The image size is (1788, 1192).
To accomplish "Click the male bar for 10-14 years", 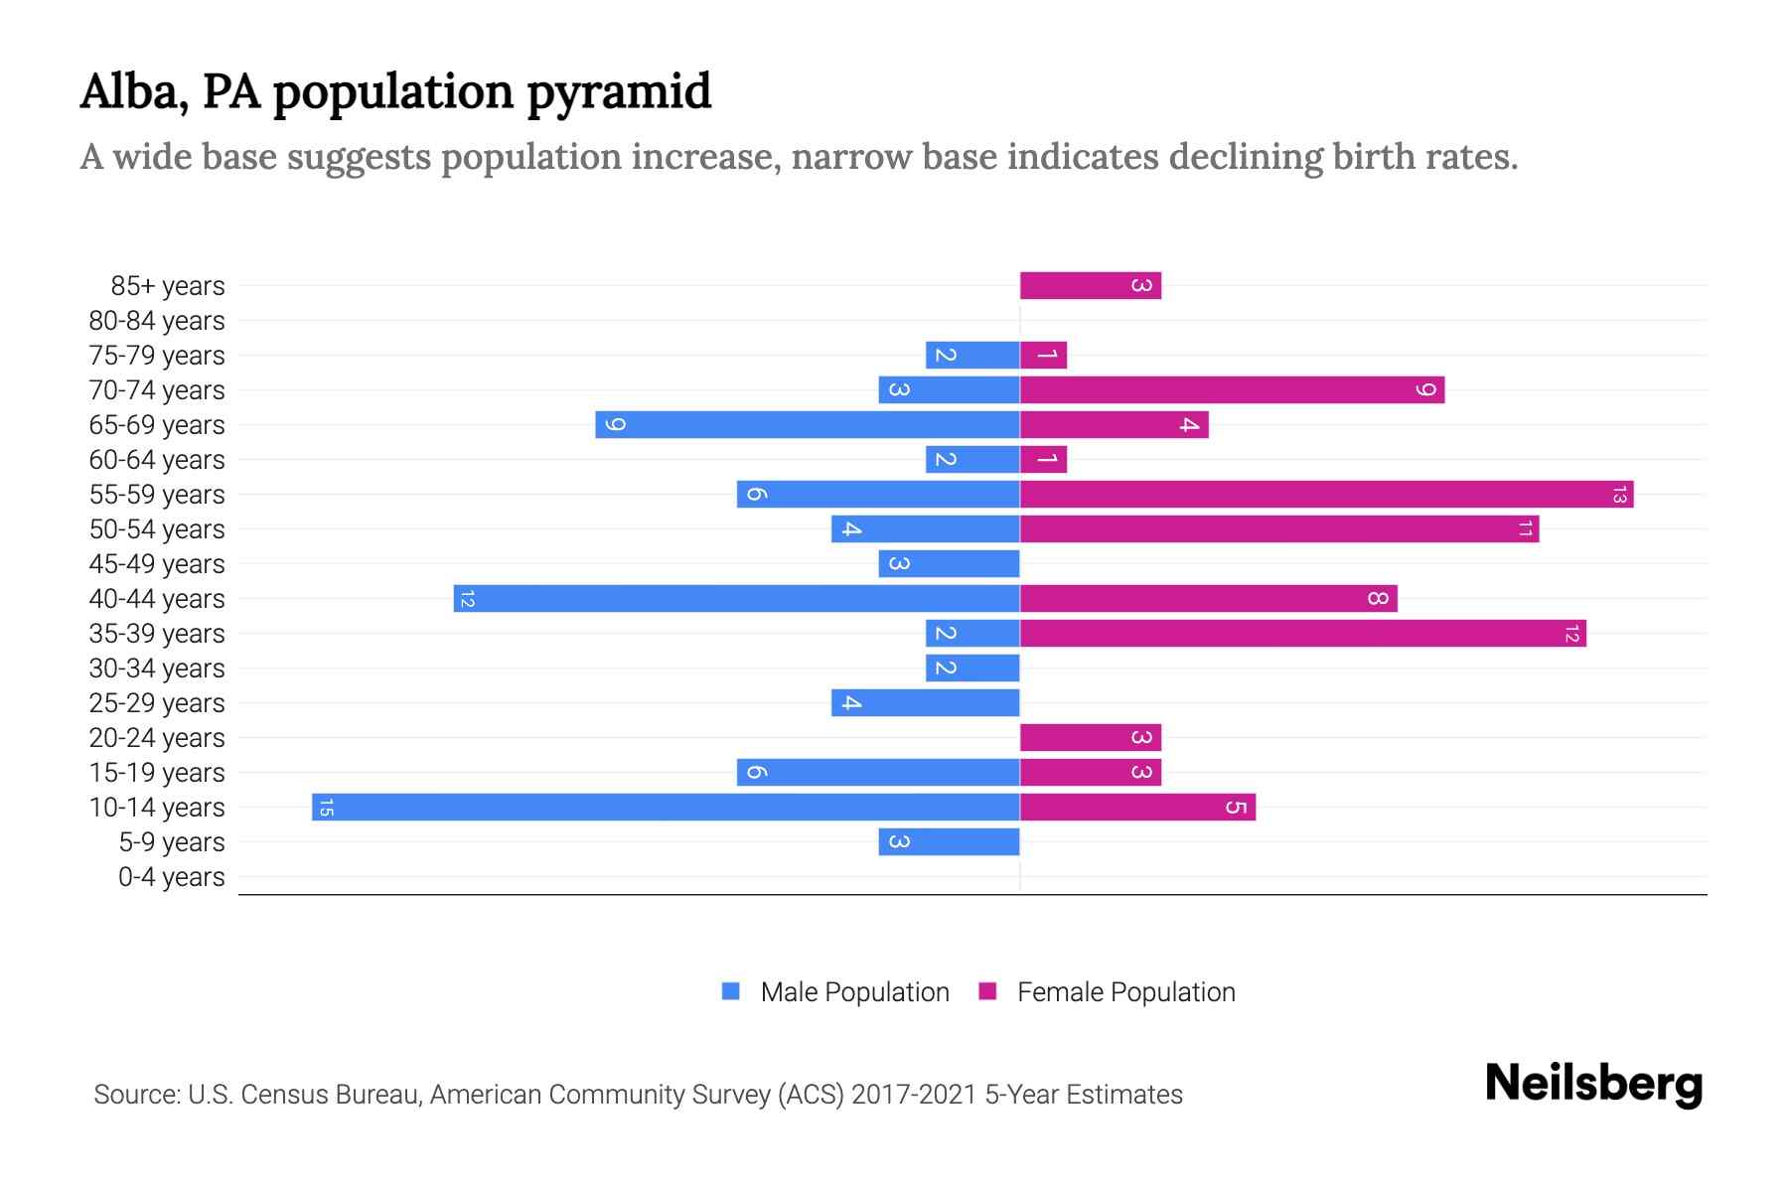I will [x=666, y=807].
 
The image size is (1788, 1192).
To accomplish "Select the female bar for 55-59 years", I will [x=1326, y=494].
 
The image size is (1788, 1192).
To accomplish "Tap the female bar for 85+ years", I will [x=1090, y=285].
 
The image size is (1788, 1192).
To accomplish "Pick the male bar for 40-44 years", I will [x=736, y=598].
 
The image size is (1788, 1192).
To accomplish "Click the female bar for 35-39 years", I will [x=1302, y=633].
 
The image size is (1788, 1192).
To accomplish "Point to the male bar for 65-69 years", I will [x=807, y=424].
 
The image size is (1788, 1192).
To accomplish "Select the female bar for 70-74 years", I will [x=1232, y=389].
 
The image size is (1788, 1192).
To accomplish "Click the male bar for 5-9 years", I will [x=949, y=841].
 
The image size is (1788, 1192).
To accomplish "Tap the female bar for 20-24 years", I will [x=1090, y=737].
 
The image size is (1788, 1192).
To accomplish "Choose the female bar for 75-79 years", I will [x=1043, y=355].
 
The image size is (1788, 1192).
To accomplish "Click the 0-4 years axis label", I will [x=171, y=877].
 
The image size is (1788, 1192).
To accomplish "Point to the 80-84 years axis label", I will [x=156, y=321].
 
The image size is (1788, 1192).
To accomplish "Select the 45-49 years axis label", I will [x=156, y=564].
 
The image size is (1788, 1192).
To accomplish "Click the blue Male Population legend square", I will [x=731, y=991].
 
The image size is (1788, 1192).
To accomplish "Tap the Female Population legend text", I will [x=1125, y=992].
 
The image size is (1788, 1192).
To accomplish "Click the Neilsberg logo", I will [x=1592, y=1084].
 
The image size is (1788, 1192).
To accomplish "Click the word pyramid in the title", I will [x=618, y=92].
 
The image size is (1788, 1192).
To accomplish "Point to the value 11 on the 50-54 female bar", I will [x=1525, y=528].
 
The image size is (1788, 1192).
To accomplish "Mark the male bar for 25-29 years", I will [x=925, y=702].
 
